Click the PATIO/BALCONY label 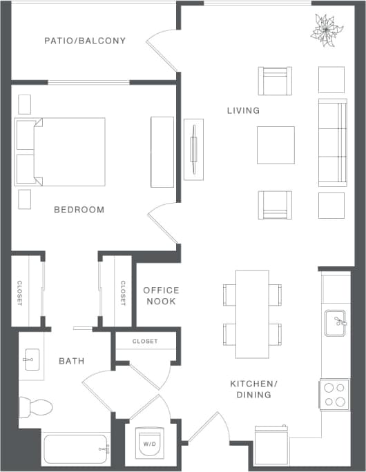click(85, 41)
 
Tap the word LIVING click(243, 110)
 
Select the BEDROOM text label click(79, 210)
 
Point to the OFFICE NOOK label click(161, 296)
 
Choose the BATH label click(71, 361)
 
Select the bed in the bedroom click(62, 152)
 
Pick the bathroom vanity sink click(31, 357)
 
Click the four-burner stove click(334, 395)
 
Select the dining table click(252, 313)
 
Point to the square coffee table click(276, 145)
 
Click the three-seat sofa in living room click(332, 143)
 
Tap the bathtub click(76, 449)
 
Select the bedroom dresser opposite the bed click(162, 152)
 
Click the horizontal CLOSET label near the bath click(145, 342)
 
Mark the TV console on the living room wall click(193, 148)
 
